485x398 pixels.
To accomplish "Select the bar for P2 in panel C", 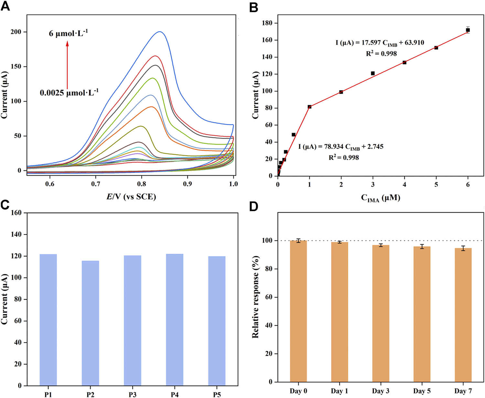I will click(x=91, y=323).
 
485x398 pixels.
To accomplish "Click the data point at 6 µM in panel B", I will click(x=468, y=30).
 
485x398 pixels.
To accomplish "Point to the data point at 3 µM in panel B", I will click(x=373, y=73).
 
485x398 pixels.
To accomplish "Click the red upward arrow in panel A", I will click(x=67, y=65).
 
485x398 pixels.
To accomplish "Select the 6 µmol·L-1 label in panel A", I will click(x=68, y=34).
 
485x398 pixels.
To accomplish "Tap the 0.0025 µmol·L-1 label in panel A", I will click(x=69, y=93).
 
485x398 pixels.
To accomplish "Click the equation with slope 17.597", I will click(x=380, y=43).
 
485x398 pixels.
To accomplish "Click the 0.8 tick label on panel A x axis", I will click(x=142, y=184).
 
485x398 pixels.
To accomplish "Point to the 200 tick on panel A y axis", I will click(x=15, y=32).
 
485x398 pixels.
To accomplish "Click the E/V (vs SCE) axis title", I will click(x=131, y=196).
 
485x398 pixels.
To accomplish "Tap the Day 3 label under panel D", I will click(x=381, y=391).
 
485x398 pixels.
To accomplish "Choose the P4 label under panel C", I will click(x=175, y=394).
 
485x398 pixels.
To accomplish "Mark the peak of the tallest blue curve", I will click(x=160, y=32).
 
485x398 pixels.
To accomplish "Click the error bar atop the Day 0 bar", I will click(x=298, y=241).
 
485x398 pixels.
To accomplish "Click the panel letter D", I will click(x=254, y=206).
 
